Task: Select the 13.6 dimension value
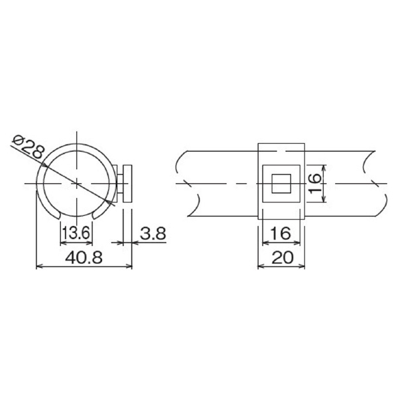(76, 233)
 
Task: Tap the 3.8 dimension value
(153, 233)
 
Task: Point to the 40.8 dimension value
(84, 257)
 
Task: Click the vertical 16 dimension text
(314, 183)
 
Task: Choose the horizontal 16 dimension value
(281, 233)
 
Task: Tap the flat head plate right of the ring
(127, 184)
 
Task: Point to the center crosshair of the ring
(77, 183)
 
